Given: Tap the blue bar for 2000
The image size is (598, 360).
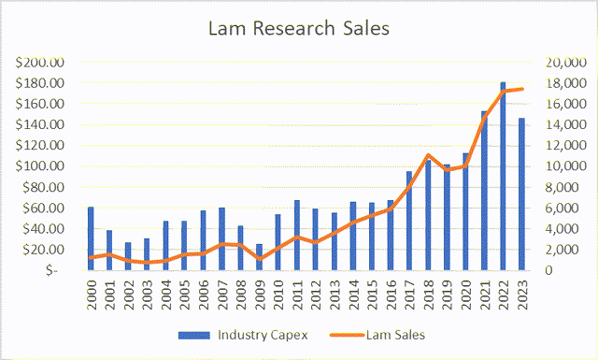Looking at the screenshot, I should pyautogui.click(x=91, y=238).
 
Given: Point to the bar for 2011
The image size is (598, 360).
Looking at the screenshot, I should pyautogui.click(x=297, y=235).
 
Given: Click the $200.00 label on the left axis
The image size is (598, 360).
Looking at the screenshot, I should pyautogui.click(x=40, y=63).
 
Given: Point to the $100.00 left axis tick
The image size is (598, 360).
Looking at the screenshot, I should pyautogui.click(x=40, y=166).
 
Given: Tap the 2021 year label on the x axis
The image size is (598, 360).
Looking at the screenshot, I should pyautogui.click(x=483, y=294).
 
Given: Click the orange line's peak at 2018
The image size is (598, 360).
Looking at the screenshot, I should pyautogui.click(x=427, y=155).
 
